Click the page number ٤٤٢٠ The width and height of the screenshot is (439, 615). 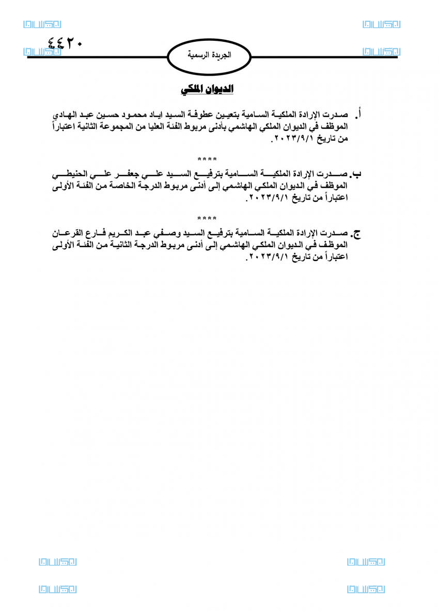click(65, 43)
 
